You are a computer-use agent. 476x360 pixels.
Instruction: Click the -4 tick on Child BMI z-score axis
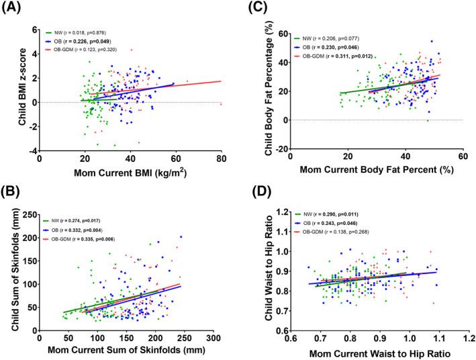click(x=32, y=151)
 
